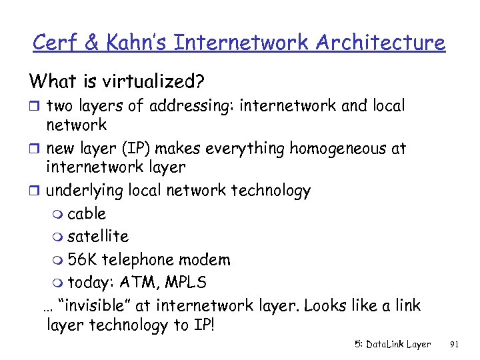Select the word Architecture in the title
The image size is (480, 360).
380,43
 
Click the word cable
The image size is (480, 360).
87,214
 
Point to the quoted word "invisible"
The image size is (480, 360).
94,305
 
